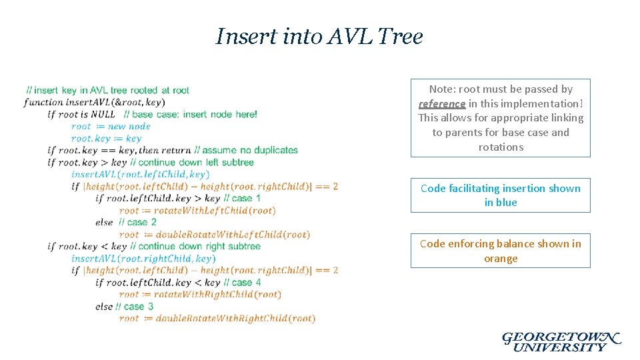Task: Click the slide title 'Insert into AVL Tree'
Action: [x=319, y=36]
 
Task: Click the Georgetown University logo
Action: [x=561, y=341]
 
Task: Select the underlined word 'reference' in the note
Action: [x=442, y=103]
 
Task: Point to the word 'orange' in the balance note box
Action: [x=501, y=259]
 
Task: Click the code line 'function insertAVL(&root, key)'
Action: [x=94, y=102]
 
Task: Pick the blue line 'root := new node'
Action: [x=111, y=126]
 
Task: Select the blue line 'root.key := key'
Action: [x=106, y=138]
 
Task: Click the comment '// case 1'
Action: [x=242, y=198]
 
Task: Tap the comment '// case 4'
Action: [x=242, y=282]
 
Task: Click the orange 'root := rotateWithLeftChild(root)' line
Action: [x=197, y=210]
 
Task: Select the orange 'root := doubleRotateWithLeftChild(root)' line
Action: [x=215, y=234]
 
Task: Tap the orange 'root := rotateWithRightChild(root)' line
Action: [x=200, y=294]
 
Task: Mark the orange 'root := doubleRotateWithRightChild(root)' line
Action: [x=217, y=318]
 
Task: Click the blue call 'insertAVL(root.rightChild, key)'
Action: [x=143, y=258]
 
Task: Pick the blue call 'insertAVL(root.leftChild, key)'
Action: [x=141, y=174]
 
